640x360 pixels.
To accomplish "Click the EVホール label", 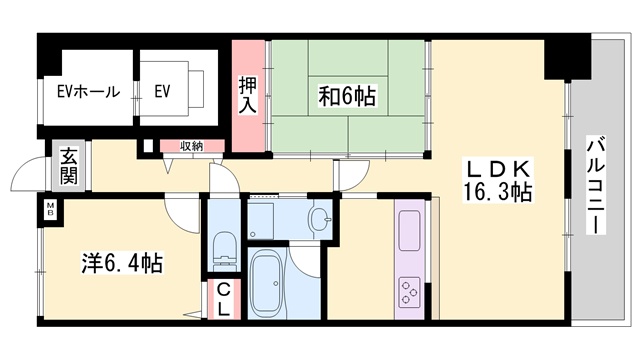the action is pos(89,91).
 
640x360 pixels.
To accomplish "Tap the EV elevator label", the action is pos(162,91).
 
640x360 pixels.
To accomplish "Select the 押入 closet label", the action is pos(248,95).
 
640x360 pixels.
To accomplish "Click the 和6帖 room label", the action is pos(347,96).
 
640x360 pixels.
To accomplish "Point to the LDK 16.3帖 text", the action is pos(498,180).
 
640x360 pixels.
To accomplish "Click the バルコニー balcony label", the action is pos(595,185).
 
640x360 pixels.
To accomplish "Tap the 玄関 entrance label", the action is pos(69,166).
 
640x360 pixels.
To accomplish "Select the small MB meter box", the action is pos(51,209).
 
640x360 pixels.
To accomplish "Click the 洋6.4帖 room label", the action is pos(122,263).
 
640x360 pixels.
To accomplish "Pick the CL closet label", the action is pos(223,300).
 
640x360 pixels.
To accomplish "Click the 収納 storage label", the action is pos(191,146).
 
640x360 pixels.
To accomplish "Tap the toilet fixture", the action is pos(224,251).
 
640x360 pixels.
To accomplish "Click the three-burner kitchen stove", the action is pos(409,292).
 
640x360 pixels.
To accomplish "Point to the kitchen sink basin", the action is pos(409,230).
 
